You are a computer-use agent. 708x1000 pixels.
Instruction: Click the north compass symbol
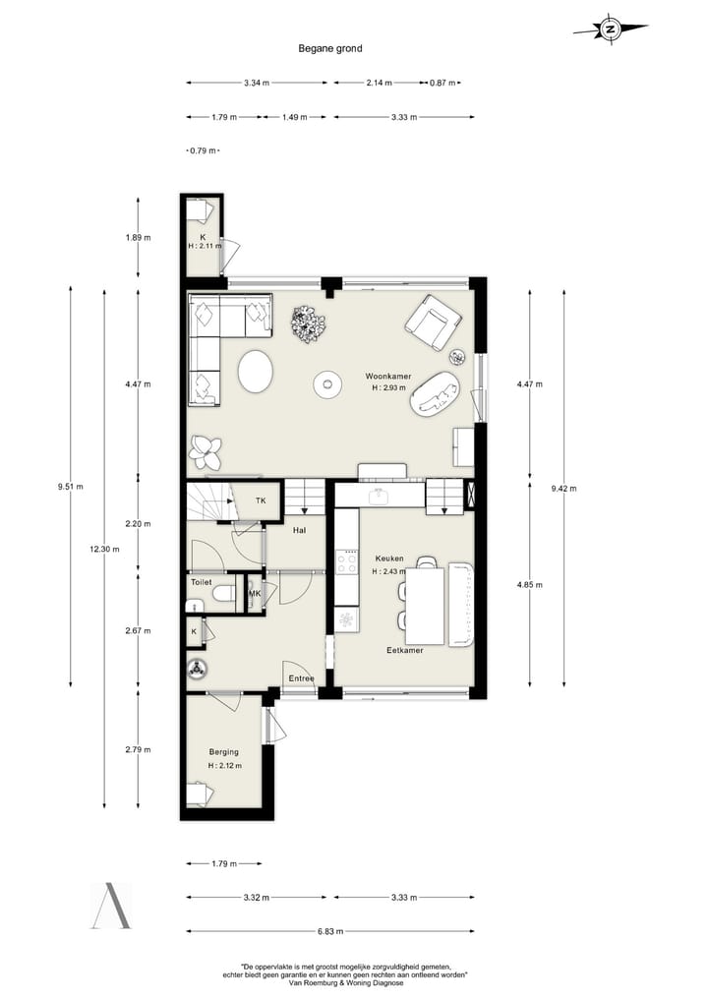[610, 29]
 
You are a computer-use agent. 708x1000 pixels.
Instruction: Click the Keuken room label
[387, 559]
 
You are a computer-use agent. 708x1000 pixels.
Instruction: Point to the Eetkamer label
[404, 650]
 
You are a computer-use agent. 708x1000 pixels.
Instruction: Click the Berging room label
[223, 752]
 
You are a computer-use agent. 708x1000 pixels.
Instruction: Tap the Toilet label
[202, 582]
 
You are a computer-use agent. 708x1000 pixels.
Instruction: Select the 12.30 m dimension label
[104, 550]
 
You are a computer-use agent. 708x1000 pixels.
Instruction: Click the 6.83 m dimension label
[329, 931]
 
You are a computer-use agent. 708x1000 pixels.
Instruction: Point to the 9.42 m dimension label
[564, 488]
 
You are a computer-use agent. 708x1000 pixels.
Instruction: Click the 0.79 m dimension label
[202, 150]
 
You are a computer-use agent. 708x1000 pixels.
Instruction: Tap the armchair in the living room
[433, 322]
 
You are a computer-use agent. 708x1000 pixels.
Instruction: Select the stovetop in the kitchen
[347, 561]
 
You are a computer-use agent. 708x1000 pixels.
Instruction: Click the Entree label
[300, 677]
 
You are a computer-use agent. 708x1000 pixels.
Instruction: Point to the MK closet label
[255, 594]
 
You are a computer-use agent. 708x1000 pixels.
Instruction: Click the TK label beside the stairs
[261, 500]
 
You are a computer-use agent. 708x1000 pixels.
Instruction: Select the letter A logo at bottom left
[110, 906]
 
